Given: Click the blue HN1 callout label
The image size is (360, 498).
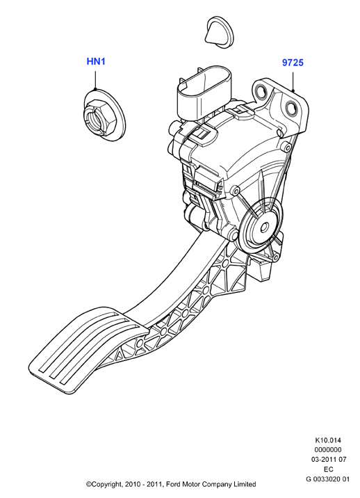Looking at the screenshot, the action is point(96,61).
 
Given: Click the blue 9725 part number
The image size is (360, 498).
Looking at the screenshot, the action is point(293,63).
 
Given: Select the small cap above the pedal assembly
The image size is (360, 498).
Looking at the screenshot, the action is point(219,33).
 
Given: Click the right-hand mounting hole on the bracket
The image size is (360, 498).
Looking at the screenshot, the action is point(291,109).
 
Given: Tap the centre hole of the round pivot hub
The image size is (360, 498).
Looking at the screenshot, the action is point(263,227).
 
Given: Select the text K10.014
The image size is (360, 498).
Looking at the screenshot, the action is point(328,440).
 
